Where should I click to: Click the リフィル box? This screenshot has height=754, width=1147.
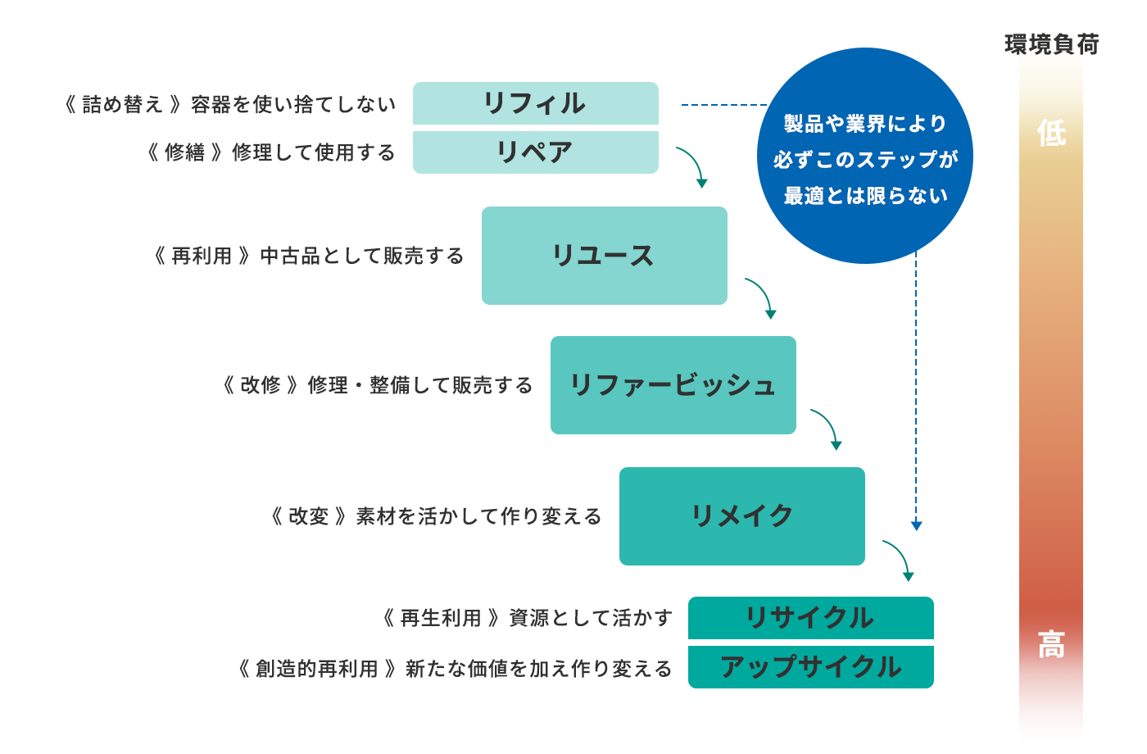click(x=535, y=103)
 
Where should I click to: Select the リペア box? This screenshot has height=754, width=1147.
click(x=535, y=152)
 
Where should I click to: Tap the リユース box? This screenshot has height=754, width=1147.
click(x=604, y=256)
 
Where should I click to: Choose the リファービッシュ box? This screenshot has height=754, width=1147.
click(x=673, y=385)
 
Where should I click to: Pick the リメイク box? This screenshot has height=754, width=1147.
click(x=741, y=516)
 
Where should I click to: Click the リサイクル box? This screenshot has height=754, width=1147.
click(x=810, y=618)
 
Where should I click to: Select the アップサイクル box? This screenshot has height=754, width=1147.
click(x=810, y=667)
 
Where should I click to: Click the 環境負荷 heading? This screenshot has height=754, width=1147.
click(x=1051, y=44)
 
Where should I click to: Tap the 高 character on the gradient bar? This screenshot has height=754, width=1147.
click(x=1051, y=645)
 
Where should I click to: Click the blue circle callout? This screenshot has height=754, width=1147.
click(x=865, y=156)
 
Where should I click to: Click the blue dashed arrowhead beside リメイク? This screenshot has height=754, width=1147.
click(x=917, y=525)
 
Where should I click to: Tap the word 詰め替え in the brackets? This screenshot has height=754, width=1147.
click(x=123, y=104)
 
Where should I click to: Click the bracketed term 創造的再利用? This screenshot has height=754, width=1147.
click(x=317, y=669)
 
